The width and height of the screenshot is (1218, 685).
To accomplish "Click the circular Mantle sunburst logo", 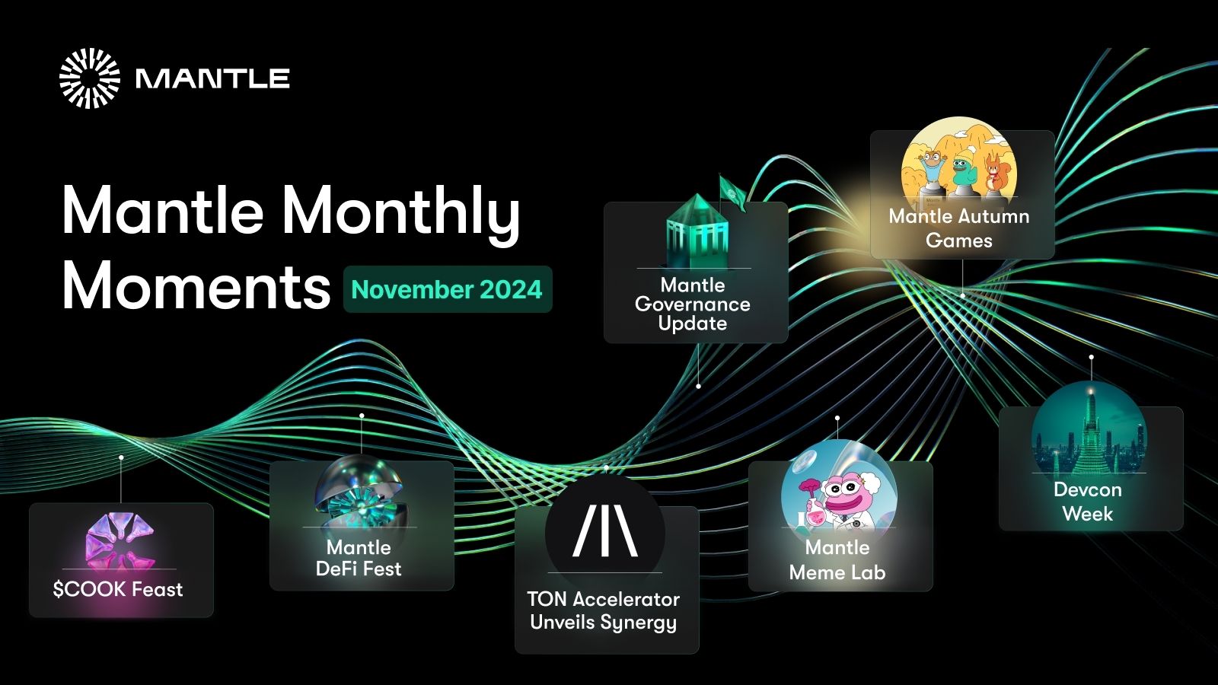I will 90,78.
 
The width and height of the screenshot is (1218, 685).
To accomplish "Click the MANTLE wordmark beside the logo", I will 212,78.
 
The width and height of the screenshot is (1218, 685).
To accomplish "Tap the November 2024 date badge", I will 447,289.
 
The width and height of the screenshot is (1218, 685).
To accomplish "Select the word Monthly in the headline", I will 401,212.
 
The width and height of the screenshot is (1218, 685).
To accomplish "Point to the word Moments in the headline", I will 196,287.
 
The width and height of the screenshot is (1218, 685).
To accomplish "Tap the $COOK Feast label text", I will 118,589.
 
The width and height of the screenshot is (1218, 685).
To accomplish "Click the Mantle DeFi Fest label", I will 359,558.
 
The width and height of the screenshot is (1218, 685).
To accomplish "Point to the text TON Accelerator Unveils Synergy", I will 604,610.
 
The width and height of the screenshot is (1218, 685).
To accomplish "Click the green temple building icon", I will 697,232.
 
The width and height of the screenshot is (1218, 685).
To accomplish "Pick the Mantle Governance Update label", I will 693,304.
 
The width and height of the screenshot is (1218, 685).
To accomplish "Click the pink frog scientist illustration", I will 838,491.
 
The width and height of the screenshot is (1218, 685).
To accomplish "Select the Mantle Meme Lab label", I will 837,560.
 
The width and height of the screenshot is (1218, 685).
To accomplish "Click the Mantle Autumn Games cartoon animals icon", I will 958,164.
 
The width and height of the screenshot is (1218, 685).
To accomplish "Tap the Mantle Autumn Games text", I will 959,228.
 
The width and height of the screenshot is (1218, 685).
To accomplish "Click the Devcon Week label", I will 1088,502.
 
